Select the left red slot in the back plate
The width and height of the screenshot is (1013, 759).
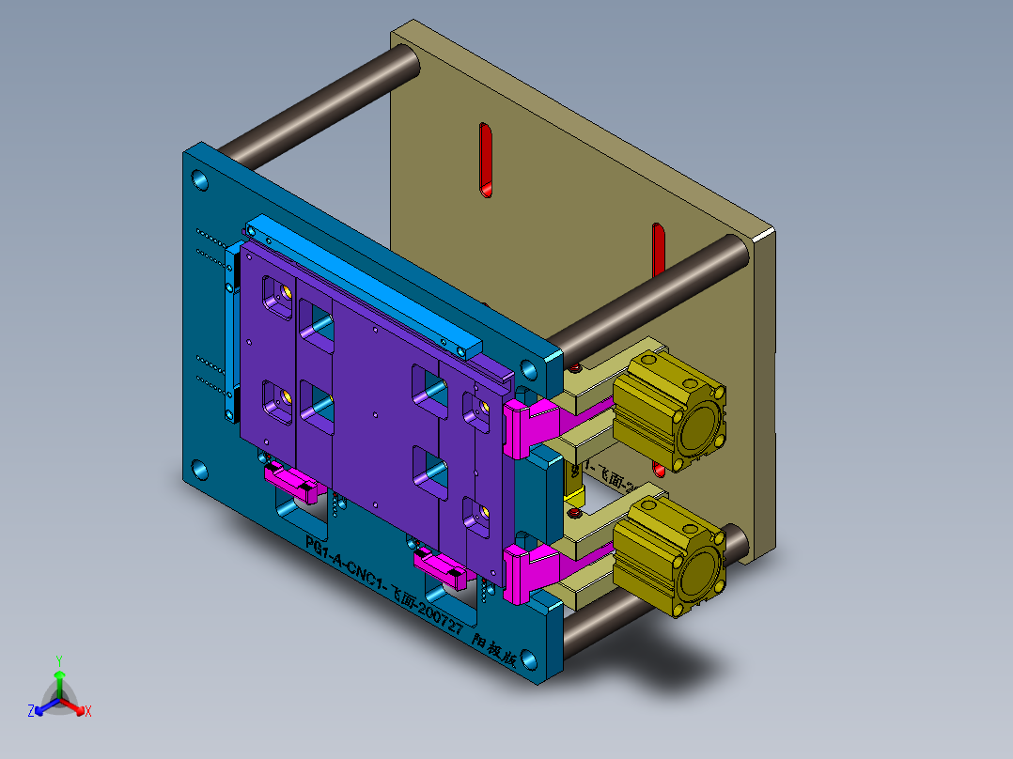[x=486, y=160]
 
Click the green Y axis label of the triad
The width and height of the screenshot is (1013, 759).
[x=58, y=659]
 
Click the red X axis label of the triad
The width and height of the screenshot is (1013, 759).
[x=88, y=712]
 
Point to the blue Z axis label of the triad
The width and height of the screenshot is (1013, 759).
[x=31, y=712]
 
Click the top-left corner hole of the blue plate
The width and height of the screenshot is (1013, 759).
[x=200, y=179]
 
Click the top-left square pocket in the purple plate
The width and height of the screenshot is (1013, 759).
[x=276, y=297]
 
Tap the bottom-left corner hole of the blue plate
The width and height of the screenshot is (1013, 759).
[x=200, y=468]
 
